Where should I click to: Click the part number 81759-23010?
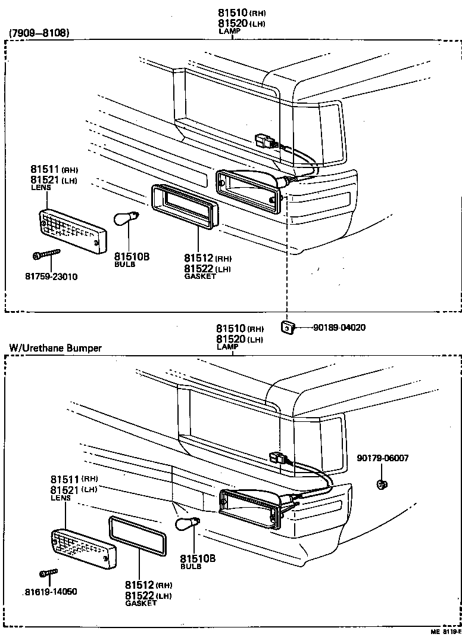[x=51, y=276]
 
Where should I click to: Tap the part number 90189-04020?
[x=339, y=327]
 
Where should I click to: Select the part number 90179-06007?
[x=383, y=458]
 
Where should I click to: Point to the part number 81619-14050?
[x=51, y=592]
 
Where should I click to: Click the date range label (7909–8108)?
[x=39, y=33]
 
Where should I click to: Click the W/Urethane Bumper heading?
[x=55, y=348]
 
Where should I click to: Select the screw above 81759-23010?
[x=47, y=255]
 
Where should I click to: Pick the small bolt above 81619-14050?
[x=48, y=573]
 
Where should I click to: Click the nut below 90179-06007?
[x=382, y=483]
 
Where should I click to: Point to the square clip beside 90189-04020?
[x=287, y=327]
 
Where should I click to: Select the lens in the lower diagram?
[x=83, y=548]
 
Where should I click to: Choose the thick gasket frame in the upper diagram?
[x=185, y=205]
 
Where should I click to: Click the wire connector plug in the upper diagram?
[x=264, y=142]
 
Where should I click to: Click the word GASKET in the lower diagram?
[x=141, y=603]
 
